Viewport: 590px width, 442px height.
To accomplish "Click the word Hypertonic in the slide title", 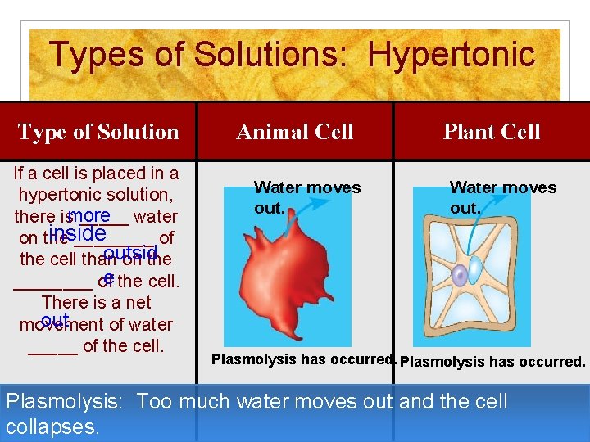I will click(x=452, y=55).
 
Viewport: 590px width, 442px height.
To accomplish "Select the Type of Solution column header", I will click(x=98, y=132).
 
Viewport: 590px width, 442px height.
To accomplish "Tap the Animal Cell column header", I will click(x=295, y=132).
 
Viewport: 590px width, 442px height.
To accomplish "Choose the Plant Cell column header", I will click(x=492, y=132).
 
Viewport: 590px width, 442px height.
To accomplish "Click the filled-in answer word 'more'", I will click(x=89, y=214).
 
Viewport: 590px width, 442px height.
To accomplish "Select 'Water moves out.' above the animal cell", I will click(x=306, y=197).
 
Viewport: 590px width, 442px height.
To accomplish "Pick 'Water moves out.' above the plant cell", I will click(x=502, y=197).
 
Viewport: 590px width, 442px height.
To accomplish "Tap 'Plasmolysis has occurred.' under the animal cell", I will click(x=304, y=359).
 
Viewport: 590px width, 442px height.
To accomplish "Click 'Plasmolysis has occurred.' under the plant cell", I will click(x=492, y=361).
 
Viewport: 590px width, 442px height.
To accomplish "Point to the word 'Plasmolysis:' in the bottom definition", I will click(x=65, y=402).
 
